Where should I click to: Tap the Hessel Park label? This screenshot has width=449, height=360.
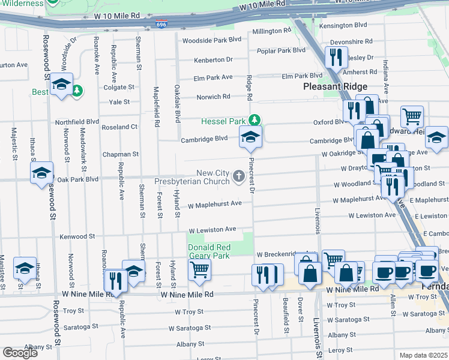point(224,121)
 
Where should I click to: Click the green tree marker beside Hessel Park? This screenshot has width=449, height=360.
point(255,121)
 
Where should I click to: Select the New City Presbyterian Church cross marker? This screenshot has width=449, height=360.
point(238,176)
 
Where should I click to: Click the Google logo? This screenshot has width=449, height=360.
point(20,352)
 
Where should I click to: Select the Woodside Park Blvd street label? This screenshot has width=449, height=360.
point(211,40)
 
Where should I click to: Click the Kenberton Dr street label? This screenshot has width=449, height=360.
point(212,60)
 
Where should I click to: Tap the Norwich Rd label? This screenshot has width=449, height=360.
point(214,97)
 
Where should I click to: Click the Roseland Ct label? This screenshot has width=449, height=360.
point(119,127)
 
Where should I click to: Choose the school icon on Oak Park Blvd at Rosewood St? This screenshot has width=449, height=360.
point(41,173)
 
